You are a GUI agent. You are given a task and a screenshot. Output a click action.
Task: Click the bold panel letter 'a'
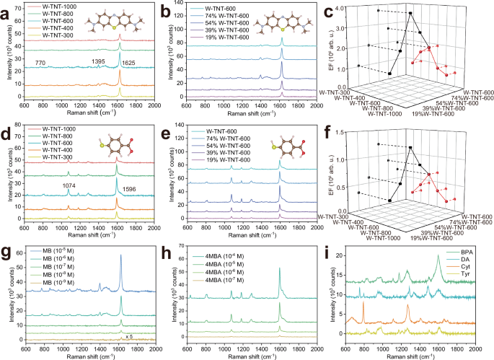(6, 9)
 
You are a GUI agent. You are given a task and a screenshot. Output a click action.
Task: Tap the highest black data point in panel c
(410, 13)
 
